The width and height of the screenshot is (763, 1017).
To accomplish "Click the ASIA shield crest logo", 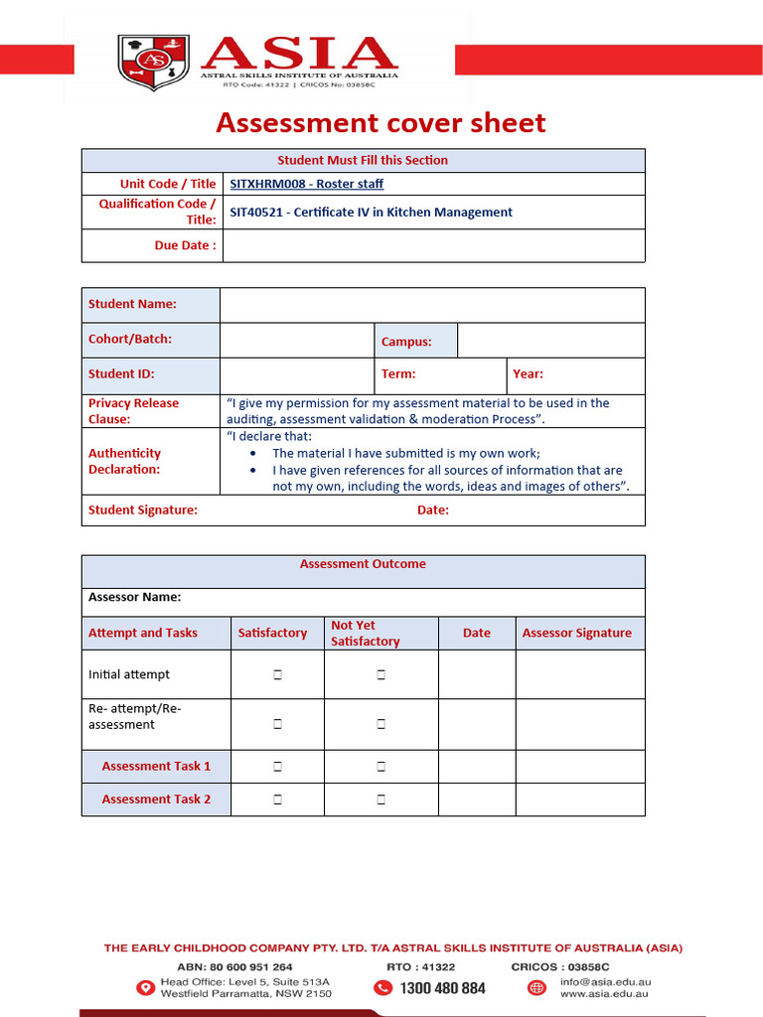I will tap(153, 62).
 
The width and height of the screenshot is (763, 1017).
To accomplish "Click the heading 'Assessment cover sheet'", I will tap(381, 123).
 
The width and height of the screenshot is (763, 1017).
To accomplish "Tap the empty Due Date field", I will tap(433, 245).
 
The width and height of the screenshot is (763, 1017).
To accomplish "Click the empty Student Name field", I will tap(431, 305).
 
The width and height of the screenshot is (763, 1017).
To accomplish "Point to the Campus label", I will tap(406, 342).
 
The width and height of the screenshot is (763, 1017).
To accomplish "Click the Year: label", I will tap(528, 374).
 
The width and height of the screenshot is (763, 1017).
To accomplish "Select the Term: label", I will tap(398, 374).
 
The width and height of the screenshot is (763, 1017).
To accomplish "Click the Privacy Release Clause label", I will tap(134, 411).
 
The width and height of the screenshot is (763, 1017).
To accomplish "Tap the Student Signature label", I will tap(143, 510).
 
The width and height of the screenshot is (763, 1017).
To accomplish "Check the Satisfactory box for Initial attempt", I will tap(277, 675).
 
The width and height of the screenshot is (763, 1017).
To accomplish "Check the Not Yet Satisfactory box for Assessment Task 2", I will tap(381, 799).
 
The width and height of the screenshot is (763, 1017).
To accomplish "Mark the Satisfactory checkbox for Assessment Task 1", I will tap(277, 767).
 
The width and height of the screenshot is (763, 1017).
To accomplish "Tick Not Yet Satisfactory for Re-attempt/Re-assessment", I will tap(381, 725).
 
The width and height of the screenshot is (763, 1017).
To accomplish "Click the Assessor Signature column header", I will tap(576, 634).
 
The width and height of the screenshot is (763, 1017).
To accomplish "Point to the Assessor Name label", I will tap(135, 598).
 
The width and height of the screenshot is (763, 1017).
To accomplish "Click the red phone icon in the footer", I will tap(382, 988).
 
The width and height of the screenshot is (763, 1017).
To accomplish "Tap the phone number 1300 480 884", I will tap(443, 988).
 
